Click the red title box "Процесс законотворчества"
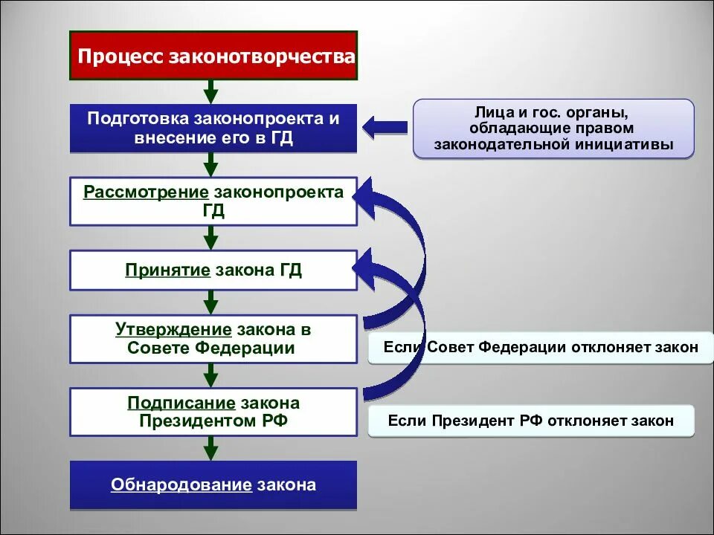pyautogui.click(x=214, y=56)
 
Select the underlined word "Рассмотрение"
pyautogui.click(x=145, y=193)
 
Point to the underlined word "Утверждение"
pyautogui.click(x=174, y=329)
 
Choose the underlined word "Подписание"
pyautogui.click(x=181, y=403)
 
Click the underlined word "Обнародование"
pyautogui.click(x=181, y=485)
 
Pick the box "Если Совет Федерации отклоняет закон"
pyautogui.click(x=531, y=347)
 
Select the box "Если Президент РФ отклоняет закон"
pyautogui.click(x=531, y=421)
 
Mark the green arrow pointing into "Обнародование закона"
pyautogui.click(x=211, y=448)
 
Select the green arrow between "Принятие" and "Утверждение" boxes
pyautogui.click(x=211, y=302)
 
